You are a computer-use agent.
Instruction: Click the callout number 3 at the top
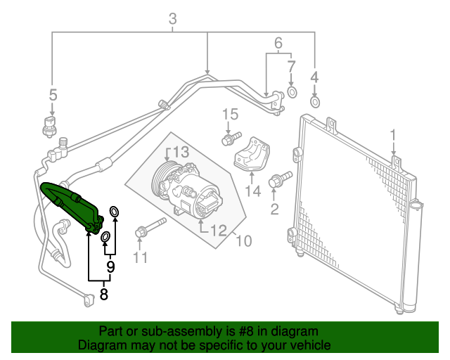click(173, 21)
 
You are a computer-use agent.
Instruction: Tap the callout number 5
click(51, 94)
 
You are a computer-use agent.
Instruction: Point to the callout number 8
click(104, 295)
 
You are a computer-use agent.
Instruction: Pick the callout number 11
click(141, 257)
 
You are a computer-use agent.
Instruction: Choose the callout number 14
click(253, 191)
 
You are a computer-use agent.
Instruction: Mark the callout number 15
click(226, 115)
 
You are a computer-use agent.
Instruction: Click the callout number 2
click(275, 208)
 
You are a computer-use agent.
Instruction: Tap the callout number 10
click(243, 242)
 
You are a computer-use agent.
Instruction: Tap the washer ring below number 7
click(292, 91)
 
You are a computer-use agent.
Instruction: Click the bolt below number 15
click(231, 139)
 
